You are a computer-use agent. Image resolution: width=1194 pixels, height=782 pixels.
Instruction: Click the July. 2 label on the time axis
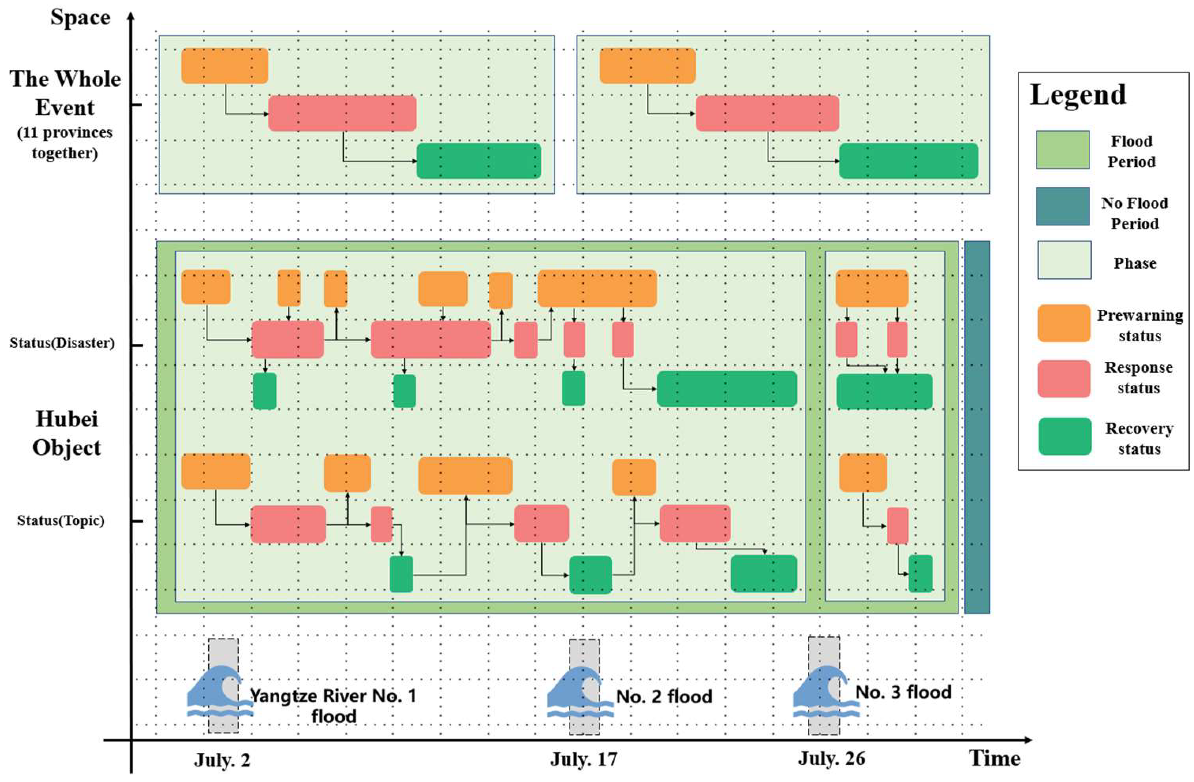pos(222,760)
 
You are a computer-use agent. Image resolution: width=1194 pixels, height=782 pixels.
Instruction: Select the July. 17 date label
pos(583,760)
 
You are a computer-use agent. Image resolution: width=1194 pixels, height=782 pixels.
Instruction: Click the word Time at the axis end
pos(995,758)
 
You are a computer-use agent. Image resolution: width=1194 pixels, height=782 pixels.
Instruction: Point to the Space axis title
pos(80,18)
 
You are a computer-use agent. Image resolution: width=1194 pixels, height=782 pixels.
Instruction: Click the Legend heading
pos(1078,95)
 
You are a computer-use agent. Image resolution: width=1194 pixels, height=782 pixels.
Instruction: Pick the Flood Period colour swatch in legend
pos(1063,149)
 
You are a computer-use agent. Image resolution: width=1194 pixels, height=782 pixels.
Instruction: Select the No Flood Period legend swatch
pos(1063,206)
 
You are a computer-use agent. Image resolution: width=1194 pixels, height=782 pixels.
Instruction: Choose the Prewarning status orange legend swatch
pos(1063,323)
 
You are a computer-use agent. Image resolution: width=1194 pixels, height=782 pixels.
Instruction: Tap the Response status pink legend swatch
pos(1063,378)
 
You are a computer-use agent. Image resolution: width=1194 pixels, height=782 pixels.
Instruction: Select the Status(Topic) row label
pos(61,520)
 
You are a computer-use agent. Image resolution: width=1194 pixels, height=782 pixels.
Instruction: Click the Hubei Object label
pos(67,433)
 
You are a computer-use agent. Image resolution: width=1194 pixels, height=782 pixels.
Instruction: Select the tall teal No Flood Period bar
pos(977,427)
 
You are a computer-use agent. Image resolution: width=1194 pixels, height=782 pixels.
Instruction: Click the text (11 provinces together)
pos(65,143)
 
